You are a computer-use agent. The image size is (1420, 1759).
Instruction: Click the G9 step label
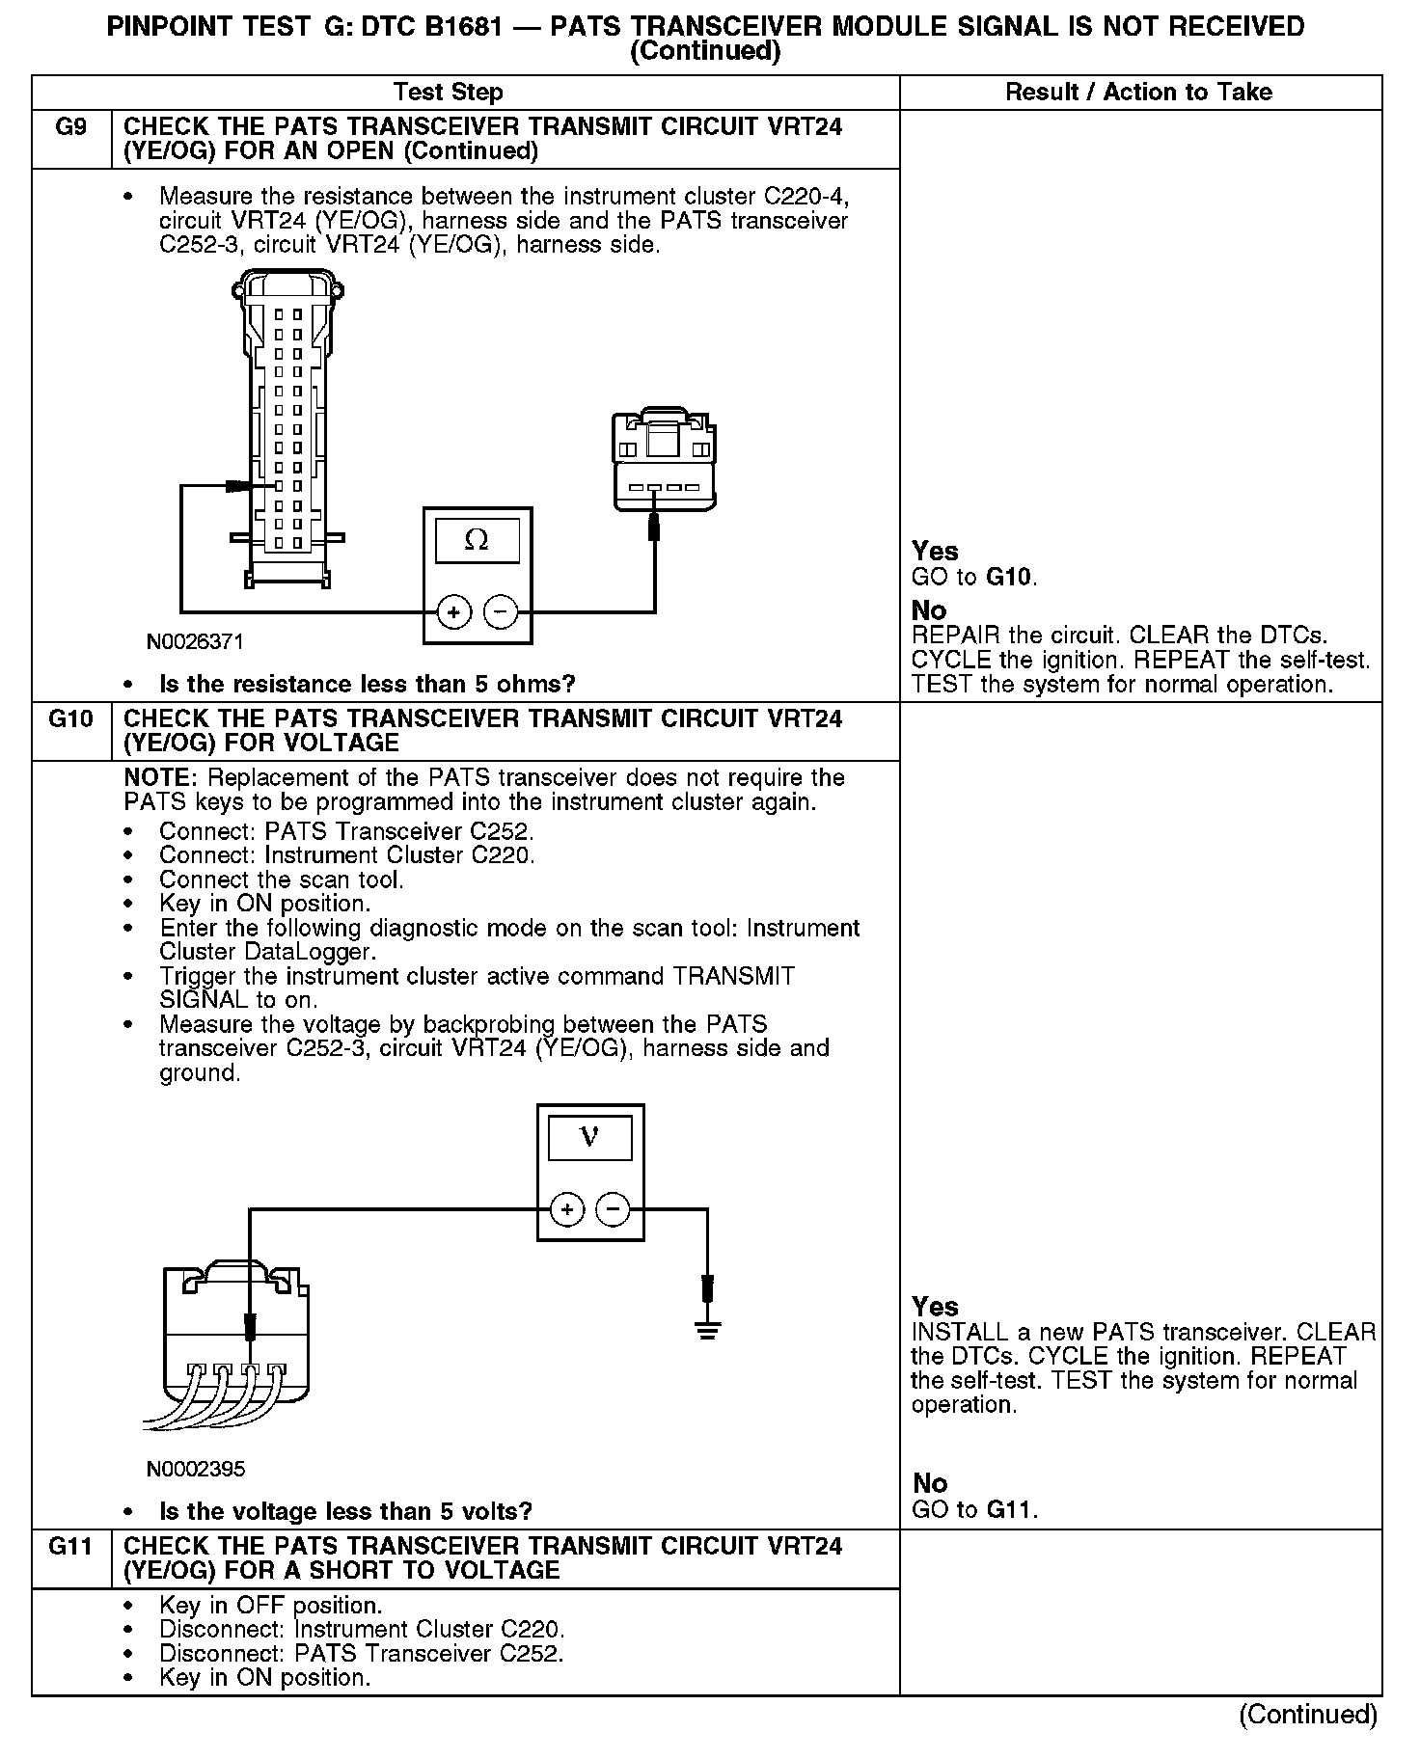click(70, 127)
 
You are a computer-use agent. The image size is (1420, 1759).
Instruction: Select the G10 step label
click(70, 719)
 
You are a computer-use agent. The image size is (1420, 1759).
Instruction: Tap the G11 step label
click(70, 1547)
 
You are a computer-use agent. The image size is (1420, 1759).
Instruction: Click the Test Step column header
click(449, 93)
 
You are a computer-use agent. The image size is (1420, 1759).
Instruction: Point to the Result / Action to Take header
click(1138, 93)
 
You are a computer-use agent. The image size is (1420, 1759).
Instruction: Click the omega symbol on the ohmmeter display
click(477, 541)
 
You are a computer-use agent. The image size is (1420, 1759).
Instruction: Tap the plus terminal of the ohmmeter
click(453, 612)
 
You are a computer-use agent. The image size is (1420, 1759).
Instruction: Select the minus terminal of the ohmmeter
click(500, 612)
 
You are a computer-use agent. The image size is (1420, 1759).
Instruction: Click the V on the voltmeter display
click(589, 1138)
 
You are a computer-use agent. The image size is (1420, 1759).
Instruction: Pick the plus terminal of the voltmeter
click(567, 1209)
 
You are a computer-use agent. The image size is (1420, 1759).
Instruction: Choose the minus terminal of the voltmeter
click(613, 1209)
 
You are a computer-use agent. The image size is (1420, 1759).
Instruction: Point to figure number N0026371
click(196, 641)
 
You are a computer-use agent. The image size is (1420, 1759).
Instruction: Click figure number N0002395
click(196, 1469)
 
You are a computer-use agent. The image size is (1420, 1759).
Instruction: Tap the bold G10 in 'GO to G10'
click(1009, 578)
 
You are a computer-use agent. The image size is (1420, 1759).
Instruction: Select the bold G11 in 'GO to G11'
click(1010, 1510)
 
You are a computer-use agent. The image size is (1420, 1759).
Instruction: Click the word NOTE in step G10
click(160, 778)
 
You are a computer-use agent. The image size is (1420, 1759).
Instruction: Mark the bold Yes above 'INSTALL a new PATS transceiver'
click(935, 1307)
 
